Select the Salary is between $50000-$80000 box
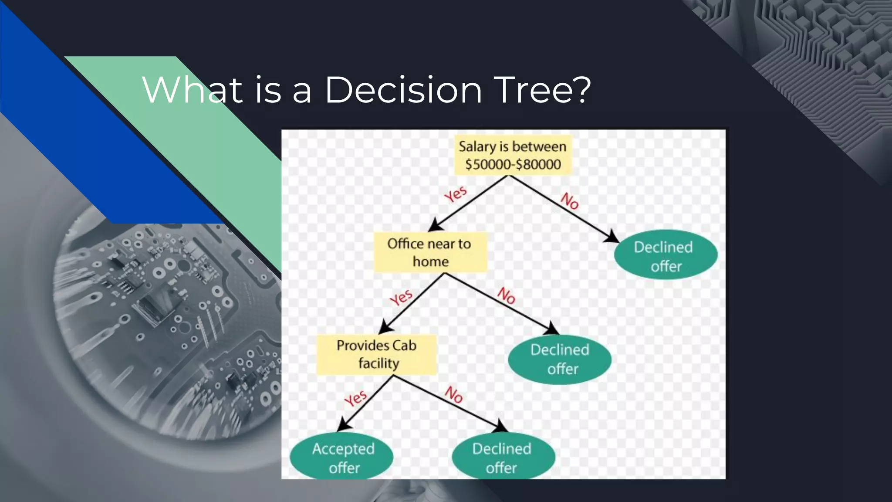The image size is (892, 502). click(x=513, y=155)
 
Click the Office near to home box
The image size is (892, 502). click(x=430, y=252)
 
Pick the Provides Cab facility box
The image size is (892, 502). click(x=377, y=354)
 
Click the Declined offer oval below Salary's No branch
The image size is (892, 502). click(x=665, y=256)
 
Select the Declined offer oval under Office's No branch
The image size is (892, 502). click(x=560, y=359)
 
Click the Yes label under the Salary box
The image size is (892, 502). click(x=456, y=194)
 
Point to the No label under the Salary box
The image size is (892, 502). click(x=569, y=201)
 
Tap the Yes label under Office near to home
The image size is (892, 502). click(x=401, y=298)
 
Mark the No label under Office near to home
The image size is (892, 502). click(x=507, y=295)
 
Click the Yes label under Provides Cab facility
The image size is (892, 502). click(x=356, y=398)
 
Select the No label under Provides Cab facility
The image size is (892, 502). click(x=454, y=395)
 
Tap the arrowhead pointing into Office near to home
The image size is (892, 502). click(x=435, y=226)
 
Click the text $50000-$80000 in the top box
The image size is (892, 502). click(x=513, y=165)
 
